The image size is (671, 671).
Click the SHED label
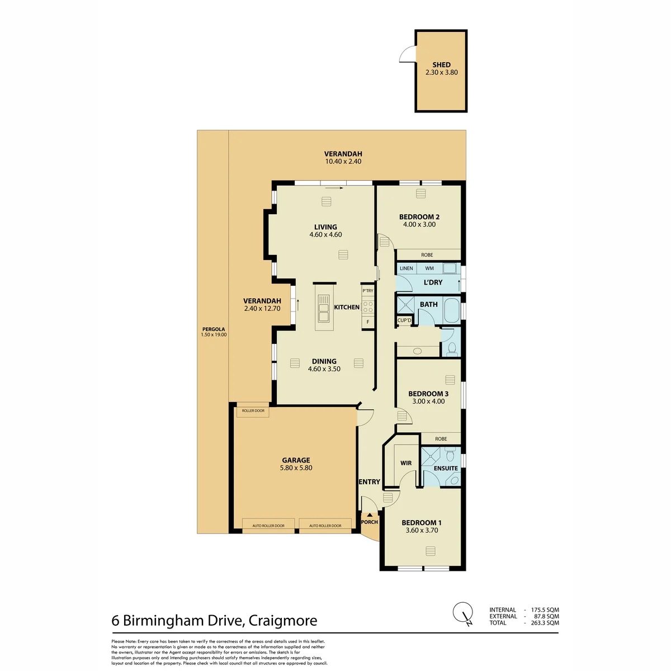[x=441, y=65]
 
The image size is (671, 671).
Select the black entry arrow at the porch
[x=370, y=514]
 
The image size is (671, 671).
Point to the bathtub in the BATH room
[x=452, y=311]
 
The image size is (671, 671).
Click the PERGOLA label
[x=214, y=329]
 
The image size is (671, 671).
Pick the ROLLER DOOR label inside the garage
[x=253, y=411]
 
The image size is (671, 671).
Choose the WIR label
[x=405, y=463]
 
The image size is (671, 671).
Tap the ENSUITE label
[x=446, y=469]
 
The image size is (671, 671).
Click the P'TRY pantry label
[x=368, y=291]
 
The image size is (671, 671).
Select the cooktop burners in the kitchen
[x=368, y=308]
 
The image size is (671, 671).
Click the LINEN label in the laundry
[x=407, y=268]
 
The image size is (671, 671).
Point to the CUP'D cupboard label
[x=404, y=320]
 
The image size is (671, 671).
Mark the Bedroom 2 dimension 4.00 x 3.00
[x=419, y=225]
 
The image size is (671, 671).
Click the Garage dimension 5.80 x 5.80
[x=296, y=468]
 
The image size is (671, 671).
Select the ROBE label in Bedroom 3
[x=441, y=439]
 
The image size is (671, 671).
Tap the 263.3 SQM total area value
[x=545, y=623]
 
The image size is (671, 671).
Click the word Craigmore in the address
[x=283, y=621]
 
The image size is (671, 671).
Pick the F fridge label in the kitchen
[x=368, y=322]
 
